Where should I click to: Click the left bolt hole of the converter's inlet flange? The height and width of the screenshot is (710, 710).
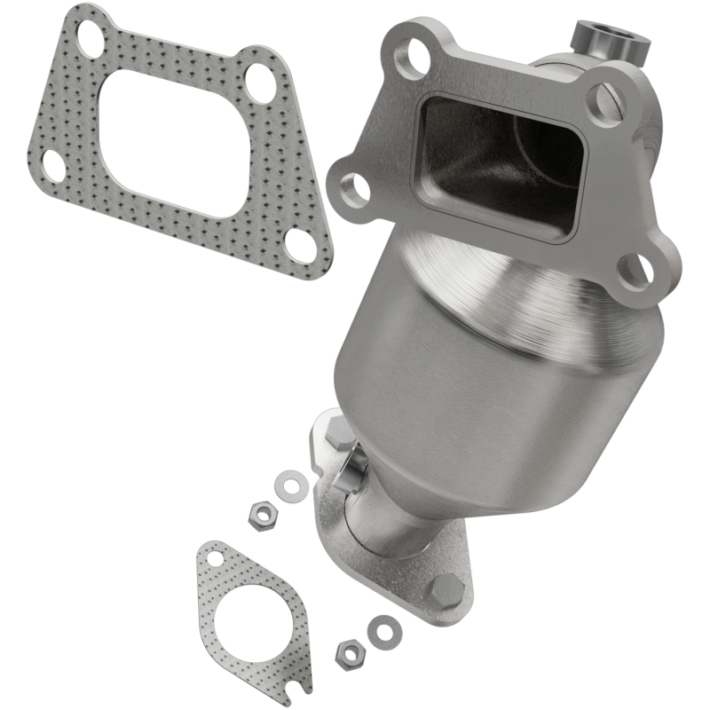[x=353, y=187]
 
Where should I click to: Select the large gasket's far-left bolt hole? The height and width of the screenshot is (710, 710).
[x=52, y=165]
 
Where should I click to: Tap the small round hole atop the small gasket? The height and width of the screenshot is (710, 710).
[x=214, y=559]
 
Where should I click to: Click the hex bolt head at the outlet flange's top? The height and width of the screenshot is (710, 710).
[x=339, y=435]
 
